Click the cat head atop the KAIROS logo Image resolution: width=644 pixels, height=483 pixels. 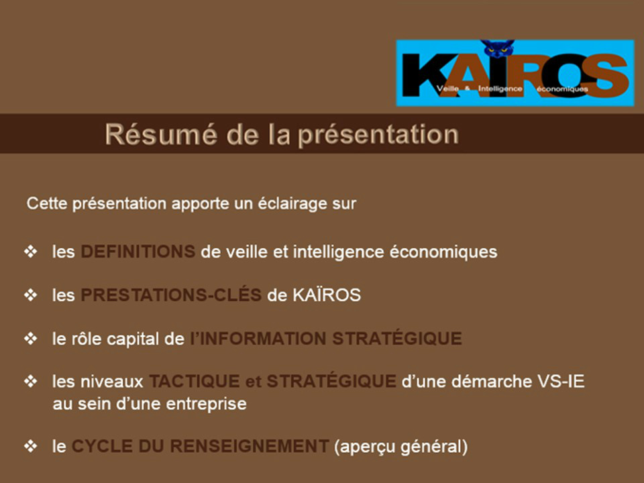click(x=497, y=48)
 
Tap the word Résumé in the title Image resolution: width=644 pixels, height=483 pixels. click(x=160, y=134)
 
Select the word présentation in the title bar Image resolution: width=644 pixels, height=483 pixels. click(x=378, y=135)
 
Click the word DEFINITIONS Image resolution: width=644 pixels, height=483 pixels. click(x=138, y=252)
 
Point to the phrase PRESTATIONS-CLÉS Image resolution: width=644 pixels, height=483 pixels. click(x=171, y=295)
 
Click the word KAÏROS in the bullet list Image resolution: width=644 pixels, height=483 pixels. click(x=327, y=294)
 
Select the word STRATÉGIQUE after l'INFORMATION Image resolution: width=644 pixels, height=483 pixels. click(x=397, y=338)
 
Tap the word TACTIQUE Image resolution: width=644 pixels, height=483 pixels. click(x=195, y=381)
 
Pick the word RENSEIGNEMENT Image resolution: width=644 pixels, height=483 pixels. click(x=250, y=446)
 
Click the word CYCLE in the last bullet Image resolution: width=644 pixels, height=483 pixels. click(x=102, y=446)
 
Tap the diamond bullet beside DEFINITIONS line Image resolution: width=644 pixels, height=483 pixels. click(x=30, y=252)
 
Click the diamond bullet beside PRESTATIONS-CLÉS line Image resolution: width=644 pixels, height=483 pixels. click(x=30, y=295)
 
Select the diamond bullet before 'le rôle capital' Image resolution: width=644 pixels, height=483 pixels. click(x=30, y=338)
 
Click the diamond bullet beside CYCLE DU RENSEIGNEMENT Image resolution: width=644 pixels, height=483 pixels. click(x=30, y=446)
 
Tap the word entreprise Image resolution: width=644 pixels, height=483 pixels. click(x=206, y=404)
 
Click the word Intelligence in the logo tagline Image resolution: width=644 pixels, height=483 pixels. click(x=500, y=89)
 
